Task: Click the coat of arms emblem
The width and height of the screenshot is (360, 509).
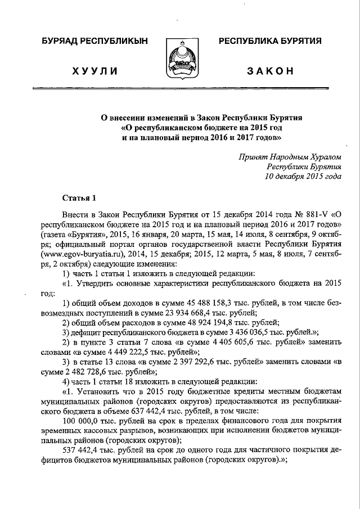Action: [x=180, y=58]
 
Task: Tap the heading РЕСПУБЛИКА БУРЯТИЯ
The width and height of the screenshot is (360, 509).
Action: [x=269, y=42]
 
